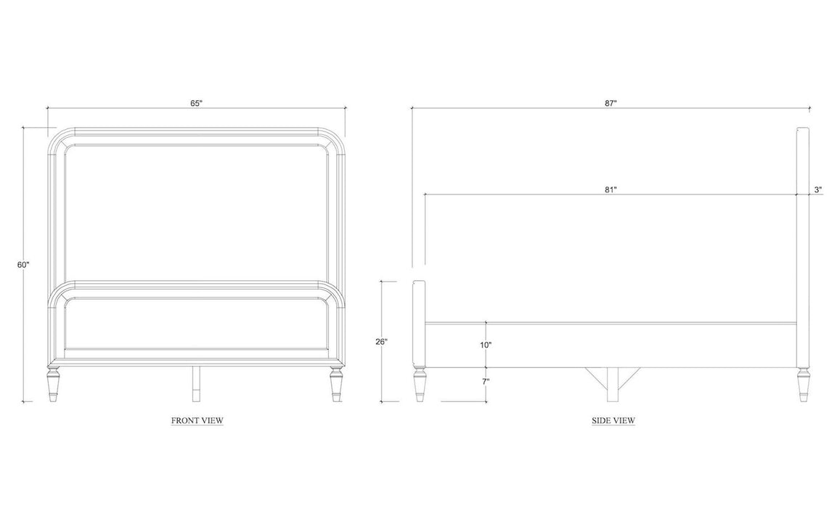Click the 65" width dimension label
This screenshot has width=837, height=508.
pyautogui.click(x=197, y=103)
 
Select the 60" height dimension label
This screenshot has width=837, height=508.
pyautogui.click(x=23, y=265)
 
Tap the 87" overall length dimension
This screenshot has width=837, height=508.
pyautogui.click(x=611, y=103)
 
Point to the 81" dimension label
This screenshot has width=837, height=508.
pyautogui.click(x=611, y=189)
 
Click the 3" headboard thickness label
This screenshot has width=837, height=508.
pyautogui.click(x=818, y=189)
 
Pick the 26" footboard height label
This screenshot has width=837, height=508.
pyautogui.click(x=381, y=342)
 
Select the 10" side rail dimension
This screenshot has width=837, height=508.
pyautogui.click(x=486, y=345)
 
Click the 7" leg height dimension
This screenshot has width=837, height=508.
pyautogui.click(x=486, y=382)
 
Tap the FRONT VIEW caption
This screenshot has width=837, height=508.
pyautogui.click(x=197, y=420)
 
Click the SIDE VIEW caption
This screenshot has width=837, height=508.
pyautogui.click(x=613, y=420)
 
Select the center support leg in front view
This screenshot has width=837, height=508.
pyautogui.click(x=196, y=384)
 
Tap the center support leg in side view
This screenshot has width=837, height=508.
pyautogui.click(x=612, y=384)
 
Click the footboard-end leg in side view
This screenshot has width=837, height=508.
pyautogui.click(x=420, y=384)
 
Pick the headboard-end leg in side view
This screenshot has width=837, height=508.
pyautogui.click(x=803, y=384)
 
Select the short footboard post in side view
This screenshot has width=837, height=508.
pyautogui.click(x=420, y=324)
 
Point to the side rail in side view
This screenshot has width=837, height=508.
pyautogui.click(x=611, y=345)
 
